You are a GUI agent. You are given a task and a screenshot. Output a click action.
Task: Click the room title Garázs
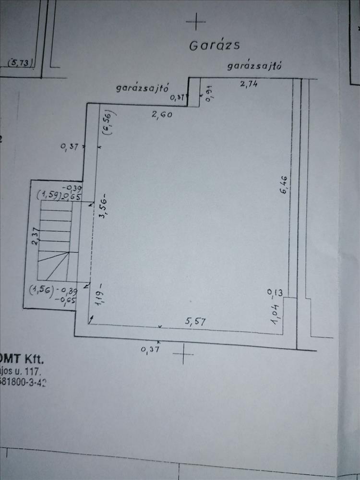[x=214, y=45]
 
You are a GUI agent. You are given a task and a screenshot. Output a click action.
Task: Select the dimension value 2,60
[x=162, y=114]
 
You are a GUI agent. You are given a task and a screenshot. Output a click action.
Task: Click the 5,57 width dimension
[x=195, y=322]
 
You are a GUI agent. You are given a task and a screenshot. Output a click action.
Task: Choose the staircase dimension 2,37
[x=35, y=237]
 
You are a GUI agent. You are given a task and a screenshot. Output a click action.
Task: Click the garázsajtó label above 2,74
[x=254, y=66]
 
